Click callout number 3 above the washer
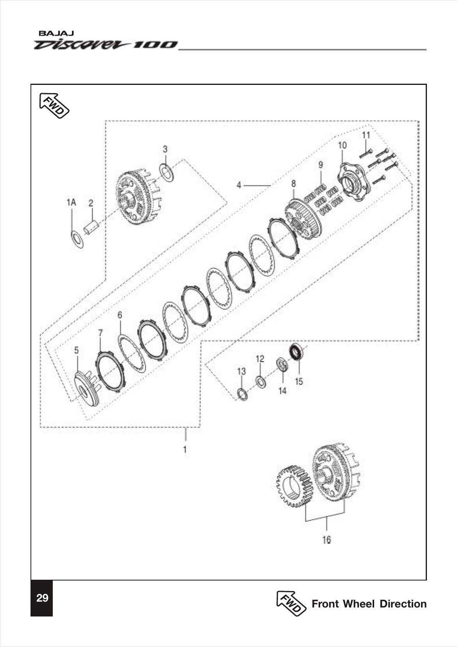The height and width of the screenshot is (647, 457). [x=165, y=149]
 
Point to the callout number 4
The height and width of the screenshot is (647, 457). [x=239, y=185]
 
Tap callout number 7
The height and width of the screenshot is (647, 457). [x=100, y=333]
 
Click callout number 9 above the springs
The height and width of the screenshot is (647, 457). [x=321, y=165]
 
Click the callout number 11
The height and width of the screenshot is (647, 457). [x=366, y=135]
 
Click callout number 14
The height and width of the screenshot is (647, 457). [x=282, y=391]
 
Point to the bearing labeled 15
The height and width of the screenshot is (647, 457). [x=297, y=351]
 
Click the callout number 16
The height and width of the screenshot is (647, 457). [x=327, y=539]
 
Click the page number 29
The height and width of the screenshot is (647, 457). [x=42, y=598]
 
